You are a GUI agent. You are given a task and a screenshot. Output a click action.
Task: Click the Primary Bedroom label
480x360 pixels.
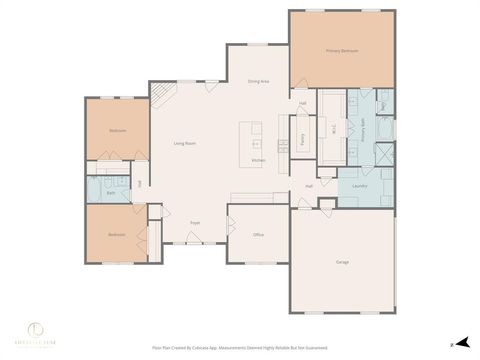tap(341, 50)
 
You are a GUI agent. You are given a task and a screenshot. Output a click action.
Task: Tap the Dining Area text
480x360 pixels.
tap(258, 81)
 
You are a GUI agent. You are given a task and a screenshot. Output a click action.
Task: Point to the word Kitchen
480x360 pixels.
tap(258, 160)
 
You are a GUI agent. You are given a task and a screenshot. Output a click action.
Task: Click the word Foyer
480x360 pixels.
tap(195, 222)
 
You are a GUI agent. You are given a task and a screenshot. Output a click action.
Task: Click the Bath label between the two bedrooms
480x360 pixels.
tap(111, 192)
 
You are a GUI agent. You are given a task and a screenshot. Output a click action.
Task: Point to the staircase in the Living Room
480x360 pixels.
tap(163, 95)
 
